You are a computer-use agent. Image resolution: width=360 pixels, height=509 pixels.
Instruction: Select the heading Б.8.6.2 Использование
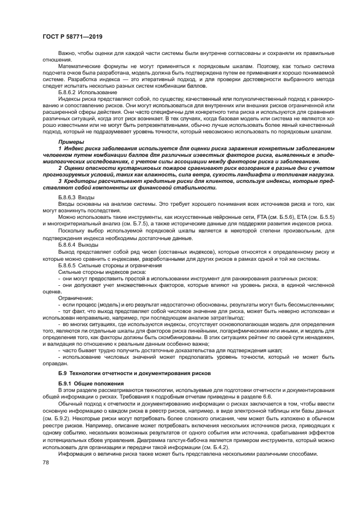coord(83,92)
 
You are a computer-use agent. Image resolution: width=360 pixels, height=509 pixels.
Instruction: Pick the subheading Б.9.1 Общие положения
coord(87,383)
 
